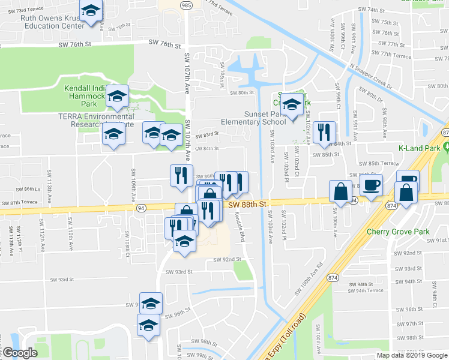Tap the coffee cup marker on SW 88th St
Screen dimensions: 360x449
point(370,185)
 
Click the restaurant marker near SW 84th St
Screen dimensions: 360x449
point(324,133)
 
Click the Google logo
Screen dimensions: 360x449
point(19,353)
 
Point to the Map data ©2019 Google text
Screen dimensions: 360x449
point(412,355)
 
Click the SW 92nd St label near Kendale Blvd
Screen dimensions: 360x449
point(228,260)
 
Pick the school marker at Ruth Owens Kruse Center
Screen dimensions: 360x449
point(91,11)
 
